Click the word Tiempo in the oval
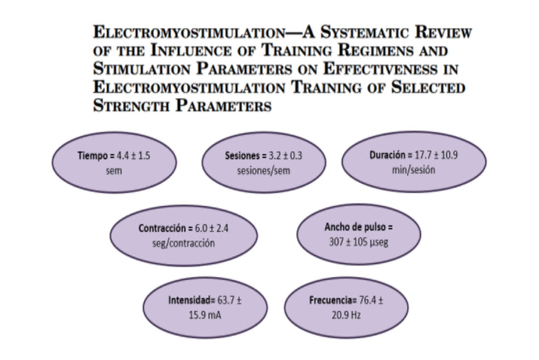pos(93,156)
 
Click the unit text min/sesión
pos(414,170)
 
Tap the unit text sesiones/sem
pos(264,171)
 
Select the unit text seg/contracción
pos(184,243)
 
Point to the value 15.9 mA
pos(205,315)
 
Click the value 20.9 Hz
pos(346,315)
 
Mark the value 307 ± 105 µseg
pos(358,242)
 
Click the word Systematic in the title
pos(365,32)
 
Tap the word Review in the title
pos(443,32)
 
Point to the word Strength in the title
pos(132,105)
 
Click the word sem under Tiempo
pos(114,171)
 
